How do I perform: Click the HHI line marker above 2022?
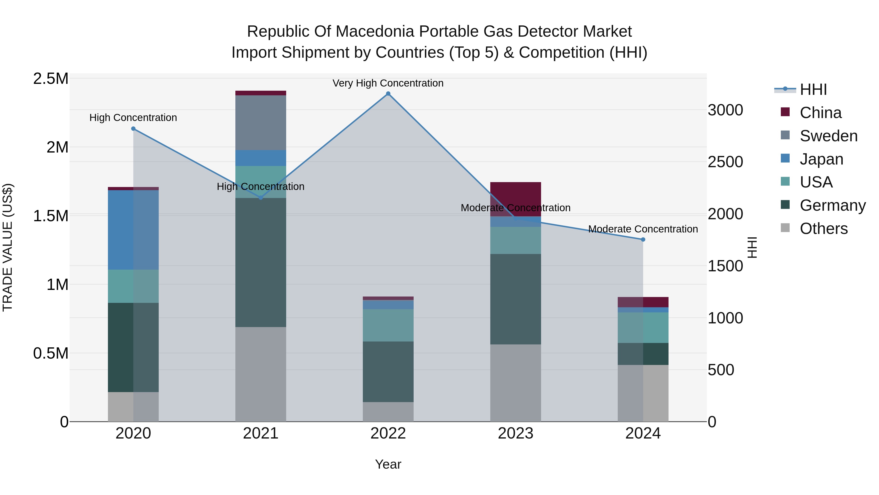pyautogui.click(x=388, y=94)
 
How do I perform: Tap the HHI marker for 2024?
pyautogui.click(x=643, y=240)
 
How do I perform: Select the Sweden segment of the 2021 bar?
pyautogui.click(x=261, y=123)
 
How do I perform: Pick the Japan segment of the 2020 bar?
pyautogui.click(x=133, y=230)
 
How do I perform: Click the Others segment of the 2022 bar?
pyautogui.click(x=388, y=412)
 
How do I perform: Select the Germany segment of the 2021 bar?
pyautogui.click(x=261, y=262)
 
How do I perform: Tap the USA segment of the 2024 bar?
pyautogui.click(x=643, y=328)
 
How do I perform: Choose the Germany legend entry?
pyautogui.click(x=832, y=205)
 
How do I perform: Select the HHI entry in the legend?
pyautogui.click(x=813, y=89)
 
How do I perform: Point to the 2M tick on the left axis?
pyautogui.click(x=57, y=147)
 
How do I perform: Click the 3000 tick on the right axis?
pyautogui.click(x=725, y=110)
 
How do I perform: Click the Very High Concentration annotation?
pyautogui.click(x=388, y=83)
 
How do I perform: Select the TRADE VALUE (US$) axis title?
pyautogui.click(x=8, y=247)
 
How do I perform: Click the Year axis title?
pyautogui.click(x=388, y=464)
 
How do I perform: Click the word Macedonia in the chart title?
pyautogui.click(x=377, y=32)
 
